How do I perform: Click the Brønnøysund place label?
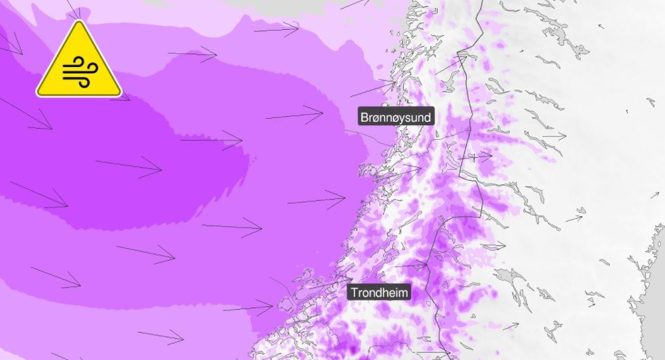(x=395, y=117)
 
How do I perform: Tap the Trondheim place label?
(x=379, y=292)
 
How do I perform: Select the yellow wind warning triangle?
(x=78, y=63)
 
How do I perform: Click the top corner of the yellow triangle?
(x=78, y=23)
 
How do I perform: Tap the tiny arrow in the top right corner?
(x=601, y=27)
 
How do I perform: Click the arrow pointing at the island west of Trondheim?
(x=248, y=308)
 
